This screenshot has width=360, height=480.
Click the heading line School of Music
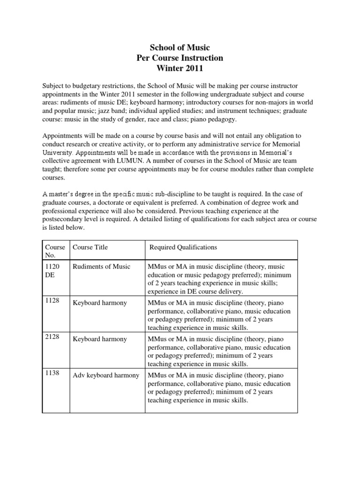coord(180,47)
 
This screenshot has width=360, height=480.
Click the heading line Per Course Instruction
coord(180,58)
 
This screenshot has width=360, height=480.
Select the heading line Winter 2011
coord(180,69)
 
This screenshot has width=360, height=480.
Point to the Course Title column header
coord(90,247)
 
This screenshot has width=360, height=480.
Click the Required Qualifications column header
coord(183,247)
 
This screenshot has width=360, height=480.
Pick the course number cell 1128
coord(52,300)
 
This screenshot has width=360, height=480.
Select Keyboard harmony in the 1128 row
coord(100,303)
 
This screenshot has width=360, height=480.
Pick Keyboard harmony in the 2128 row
coord(100,339)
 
